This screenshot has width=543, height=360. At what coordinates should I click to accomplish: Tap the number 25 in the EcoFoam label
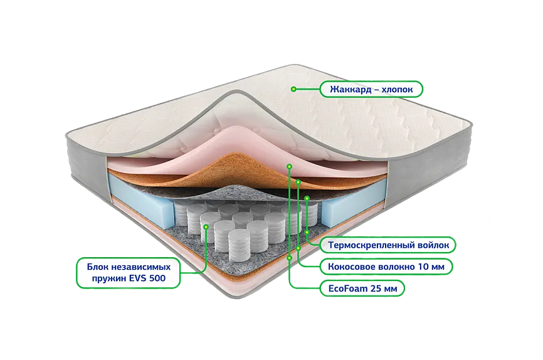(381, 289)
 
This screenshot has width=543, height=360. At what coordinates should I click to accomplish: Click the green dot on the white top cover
(293, 89)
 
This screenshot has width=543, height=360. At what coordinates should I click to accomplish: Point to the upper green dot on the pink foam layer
(289, 166)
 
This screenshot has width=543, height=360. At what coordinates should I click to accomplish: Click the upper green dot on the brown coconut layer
(298, 182)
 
